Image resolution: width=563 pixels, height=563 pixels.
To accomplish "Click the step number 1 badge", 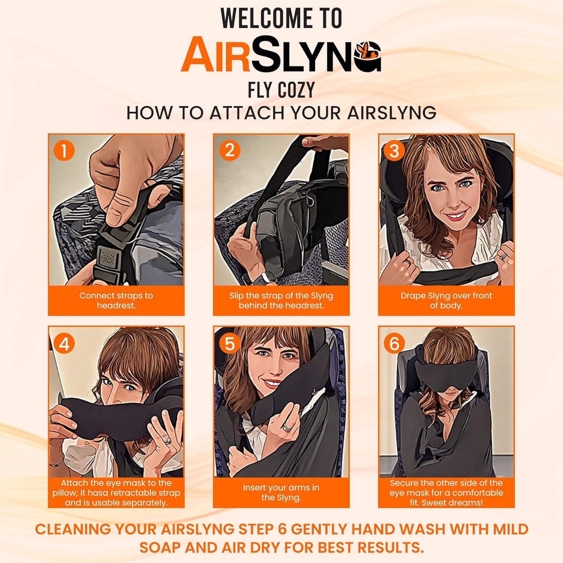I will pos(64,151).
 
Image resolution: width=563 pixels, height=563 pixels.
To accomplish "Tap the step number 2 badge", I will pos(229,151).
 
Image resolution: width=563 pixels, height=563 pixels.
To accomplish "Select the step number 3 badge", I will pos(394,151).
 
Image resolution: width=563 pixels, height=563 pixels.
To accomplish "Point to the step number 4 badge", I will pos(64,343).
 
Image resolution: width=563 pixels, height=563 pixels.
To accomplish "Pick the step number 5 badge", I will pos(229,343).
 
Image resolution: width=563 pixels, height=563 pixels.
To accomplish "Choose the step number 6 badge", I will pos(394,343).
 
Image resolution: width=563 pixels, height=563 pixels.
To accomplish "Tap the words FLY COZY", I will pos(281,90).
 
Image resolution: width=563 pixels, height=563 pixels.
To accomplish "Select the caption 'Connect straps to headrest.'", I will pos(116,300).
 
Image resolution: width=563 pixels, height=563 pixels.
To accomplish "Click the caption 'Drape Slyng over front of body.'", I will pos(446,300).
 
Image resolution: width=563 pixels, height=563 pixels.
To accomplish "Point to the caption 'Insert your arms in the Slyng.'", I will pos(281,492).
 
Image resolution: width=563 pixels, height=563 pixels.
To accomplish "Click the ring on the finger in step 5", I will pos(287,427).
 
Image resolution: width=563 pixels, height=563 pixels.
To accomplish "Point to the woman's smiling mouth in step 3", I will pos(455,216).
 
